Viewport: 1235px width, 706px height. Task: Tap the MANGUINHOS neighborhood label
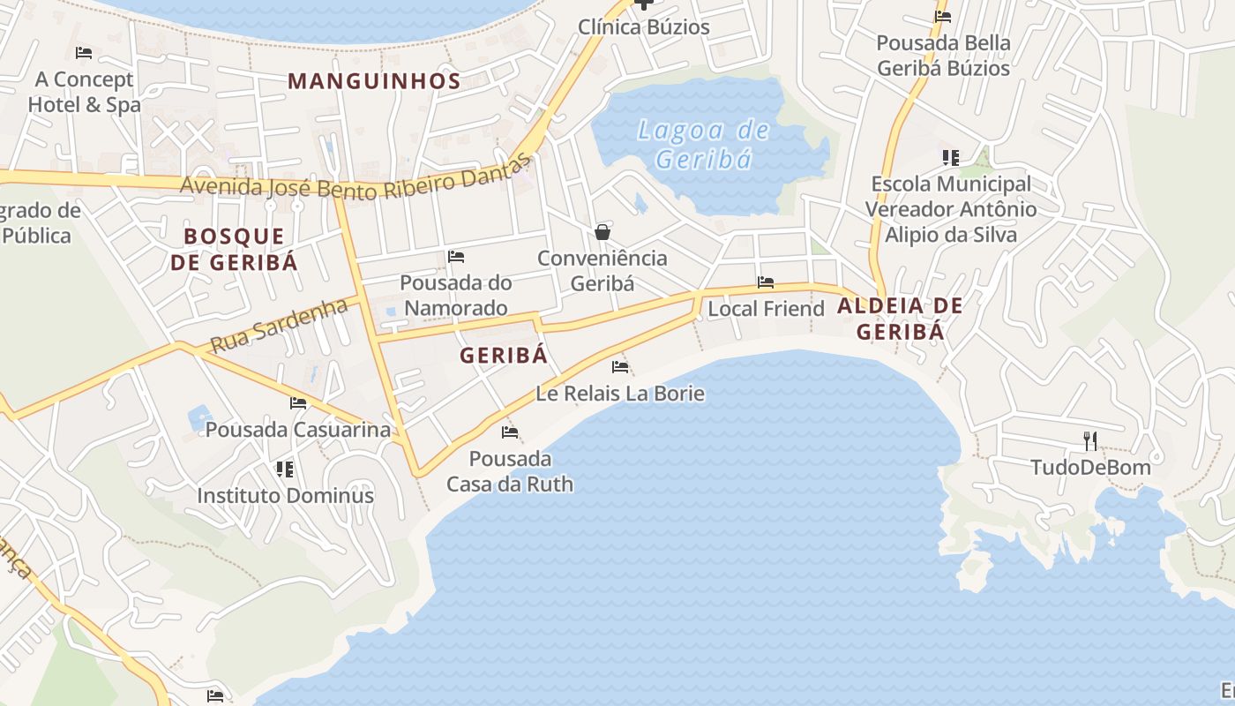[374, 81]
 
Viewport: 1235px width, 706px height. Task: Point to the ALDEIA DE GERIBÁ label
[900, 319]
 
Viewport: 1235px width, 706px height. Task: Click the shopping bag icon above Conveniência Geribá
[603, 232]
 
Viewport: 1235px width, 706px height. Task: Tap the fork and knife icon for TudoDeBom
[1090, 440]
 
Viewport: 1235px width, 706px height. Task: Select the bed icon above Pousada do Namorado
[456, 257]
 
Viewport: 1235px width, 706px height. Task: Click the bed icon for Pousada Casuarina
[298, 403]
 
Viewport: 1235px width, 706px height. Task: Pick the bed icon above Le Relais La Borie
[620, 367]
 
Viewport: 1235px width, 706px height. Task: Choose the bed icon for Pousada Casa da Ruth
[510, 432]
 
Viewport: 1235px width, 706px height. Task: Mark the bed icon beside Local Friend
[766, 282]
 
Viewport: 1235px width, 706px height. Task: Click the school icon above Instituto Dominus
[284, 469]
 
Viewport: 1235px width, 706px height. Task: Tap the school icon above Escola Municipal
[950, 158]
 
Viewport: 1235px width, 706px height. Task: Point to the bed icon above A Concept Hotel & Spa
[84, 53]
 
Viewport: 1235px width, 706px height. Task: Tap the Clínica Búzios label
[643, 26]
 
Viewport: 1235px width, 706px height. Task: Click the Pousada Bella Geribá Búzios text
[943, 55]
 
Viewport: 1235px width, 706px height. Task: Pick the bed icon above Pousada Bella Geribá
[943, 16]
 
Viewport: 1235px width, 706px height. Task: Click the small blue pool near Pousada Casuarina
[199, 417]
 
